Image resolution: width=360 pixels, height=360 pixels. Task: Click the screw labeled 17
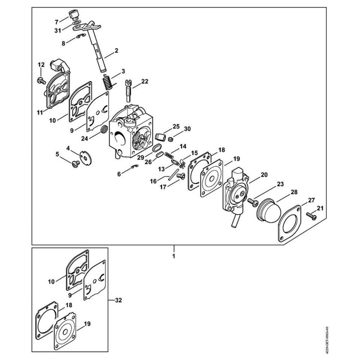point(181,176)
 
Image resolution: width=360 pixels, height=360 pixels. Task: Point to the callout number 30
point(187,129)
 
